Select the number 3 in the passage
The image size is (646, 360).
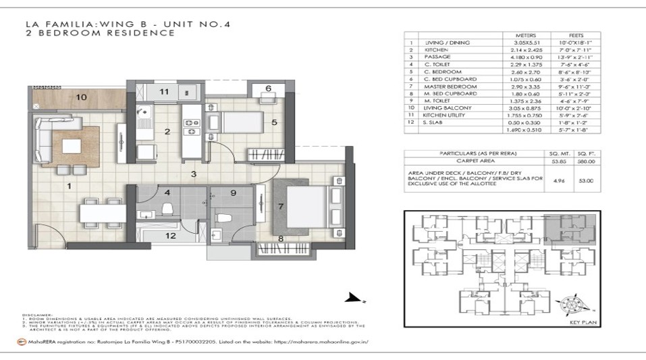(193, 175)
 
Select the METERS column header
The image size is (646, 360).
(527, 35)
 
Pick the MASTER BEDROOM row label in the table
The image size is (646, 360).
(446, 86)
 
